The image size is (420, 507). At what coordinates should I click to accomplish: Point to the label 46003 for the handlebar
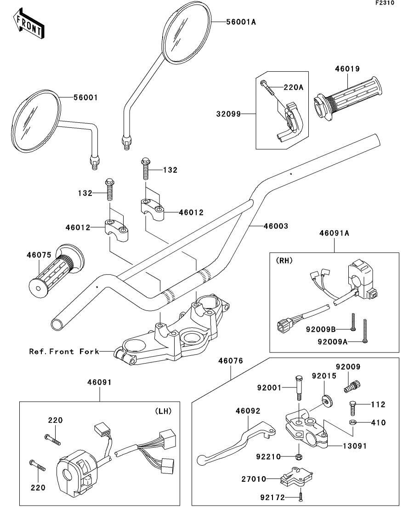pos(276,226)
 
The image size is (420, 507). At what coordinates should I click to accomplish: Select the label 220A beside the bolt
pos(293,86)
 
